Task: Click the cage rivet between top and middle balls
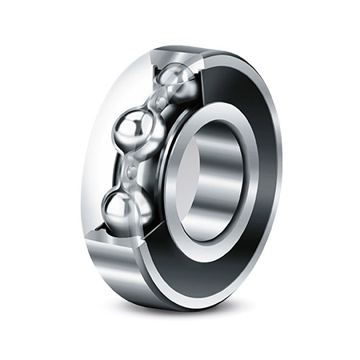(160, 102)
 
